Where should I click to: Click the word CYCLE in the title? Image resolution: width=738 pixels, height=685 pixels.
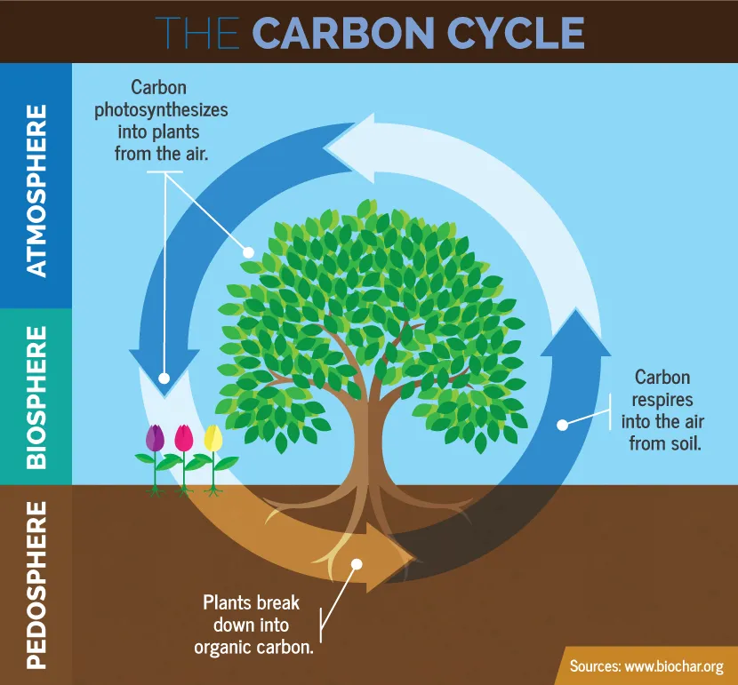(x=512, y=33)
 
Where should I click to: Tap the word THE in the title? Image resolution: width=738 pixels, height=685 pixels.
(x=198, y=33)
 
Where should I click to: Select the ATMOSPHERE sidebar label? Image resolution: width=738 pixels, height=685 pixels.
(x=36, y=190)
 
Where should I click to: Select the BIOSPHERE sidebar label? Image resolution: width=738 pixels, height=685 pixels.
(x=36, y=396)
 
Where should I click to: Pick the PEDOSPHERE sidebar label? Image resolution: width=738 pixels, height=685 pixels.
(x=36, y=583)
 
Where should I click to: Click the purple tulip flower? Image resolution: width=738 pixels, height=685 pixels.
(x=156, y=437)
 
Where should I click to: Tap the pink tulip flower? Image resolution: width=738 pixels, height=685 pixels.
(x=184, y=438)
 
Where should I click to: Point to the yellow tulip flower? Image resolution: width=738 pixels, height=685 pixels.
(x=213, y=438)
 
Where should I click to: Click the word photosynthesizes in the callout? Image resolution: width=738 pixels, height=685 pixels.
(x=172, y=110)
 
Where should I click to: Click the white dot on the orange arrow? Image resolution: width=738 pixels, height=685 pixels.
(x=356, y=563)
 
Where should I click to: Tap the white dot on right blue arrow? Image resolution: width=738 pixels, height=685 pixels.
(x=562, y=425)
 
